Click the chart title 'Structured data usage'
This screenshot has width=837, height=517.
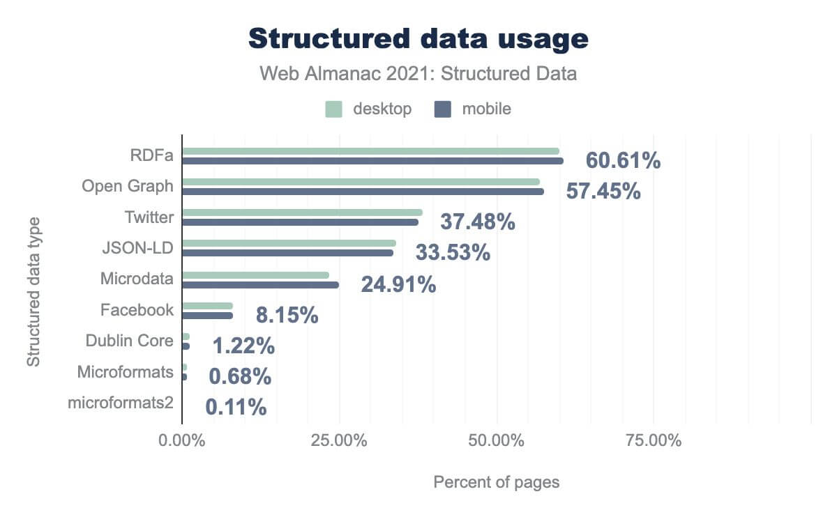pos(418,40)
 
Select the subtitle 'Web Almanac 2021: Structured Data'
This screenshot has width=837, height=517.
pos(418,73)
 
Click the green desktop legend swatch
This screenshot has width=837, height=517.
pos(333,109)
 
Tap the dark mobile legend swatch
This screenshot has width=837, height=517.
pos(443,109)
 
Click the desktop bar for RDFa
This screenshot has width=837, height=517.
pos(370,151)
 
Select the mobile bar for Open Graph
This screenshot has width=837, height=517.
pos(363,192)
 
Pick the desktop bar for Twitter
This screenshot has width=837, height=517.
pos(302,213)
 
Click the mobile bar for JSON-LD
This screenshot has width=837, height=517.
pos(287,253)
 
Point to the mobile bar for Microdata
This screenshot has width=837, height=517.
pos(260,284)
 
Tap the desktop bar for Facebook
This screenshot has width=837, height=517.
pos(207,306)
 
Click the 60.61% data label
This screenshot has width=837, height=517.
pos(623,160)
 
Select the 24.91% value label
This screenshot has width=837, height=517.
pos(398,284)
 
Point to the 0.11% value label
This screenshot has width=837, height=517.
pos(236,407)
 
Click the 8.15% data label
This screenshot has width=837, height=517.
pos(287,316)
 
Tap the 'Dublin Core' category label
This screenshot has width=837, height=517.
pos(129,341)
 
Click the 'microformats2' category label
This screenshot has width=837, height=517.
pos(121,402)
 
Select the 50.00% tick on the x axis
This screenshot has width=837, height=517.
pos(497,441)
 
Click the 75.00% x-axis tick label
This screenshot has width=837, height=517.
pos(654,441)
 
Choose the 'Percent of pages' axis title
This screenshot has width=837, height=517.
pos(497,482)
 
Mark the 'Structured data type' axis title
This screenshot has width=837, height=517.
pos(33,292)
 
